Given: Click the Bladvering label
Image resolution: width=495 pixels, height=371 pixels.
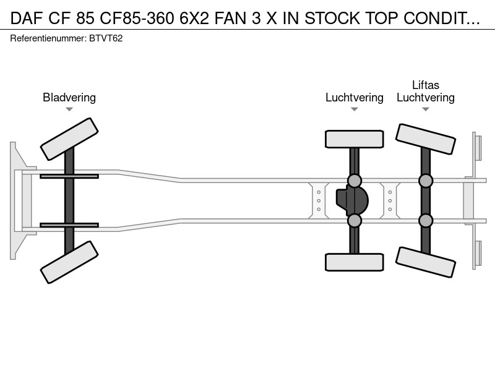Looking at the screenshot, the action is [x=69, y=98].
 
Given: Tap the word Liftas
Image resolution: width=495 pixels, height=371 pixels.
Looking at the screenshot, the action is [x=426, y=85].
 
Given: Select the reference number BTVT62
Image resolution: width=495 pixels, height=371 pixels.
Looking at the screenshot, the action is [x=106, y=38].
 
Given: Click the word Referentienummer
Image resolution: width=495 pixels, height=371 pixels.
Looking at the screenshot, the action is [x=48, y=38].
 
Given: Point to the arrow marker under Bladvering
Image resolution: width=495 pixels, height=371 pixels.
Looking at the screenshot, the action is [x=69, y=109].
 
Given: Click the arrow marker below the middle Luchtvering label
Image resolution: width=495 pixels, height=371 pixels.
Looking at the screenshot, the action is [x=354, y=109].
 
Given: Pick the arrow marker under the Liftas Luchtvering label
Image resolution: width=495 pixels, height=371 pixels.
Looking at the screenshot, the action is [x=426, y=109].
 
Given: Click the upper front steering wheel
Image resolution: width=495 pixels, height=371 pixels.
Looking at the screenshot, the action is [x=69, y=139].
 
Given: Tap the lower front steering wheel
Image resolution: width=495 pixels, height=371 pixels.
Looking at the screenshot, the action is [x=69, y=262].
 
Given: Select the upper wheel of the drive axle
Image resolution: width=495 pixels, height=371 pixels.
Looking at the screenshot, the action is [x=354, y=139].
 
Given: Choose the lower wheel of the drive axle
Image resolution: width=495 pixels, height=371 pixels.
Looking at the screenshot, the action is [x=354, y=262].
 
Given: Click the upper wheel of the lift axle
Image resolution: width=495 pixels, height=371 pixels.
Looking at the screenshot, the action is [x=426, y=139].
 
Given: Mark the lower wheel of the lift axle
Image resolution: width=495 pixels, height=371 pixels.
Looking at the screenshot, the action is [x=426, y=262].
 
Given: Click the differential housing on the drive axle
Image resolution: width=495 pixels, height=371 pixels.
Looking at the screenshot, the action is [x=352, y=200].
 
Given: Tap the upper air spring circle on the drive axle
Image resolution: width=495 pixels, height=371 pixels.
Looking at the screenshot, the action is [x=354, y=181].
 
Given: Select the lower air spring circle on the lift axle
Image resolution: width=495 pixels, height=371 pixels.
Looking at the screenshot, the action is [x=426, y=221].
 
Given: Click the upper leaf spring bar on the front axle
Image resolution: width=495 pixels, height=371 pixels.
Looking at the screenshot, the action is [x=69, y=176].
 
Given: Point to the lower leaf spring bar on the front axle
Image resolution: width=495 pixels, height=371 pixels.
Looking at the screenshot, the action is [x=69, y=225].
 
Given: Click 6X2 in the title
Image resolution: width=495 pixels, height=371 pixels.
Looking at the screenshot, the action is [x=194, y=19].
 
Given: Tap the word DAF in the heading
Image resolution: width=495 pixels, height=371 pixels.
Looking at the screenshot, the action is [x=27, y=19].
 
